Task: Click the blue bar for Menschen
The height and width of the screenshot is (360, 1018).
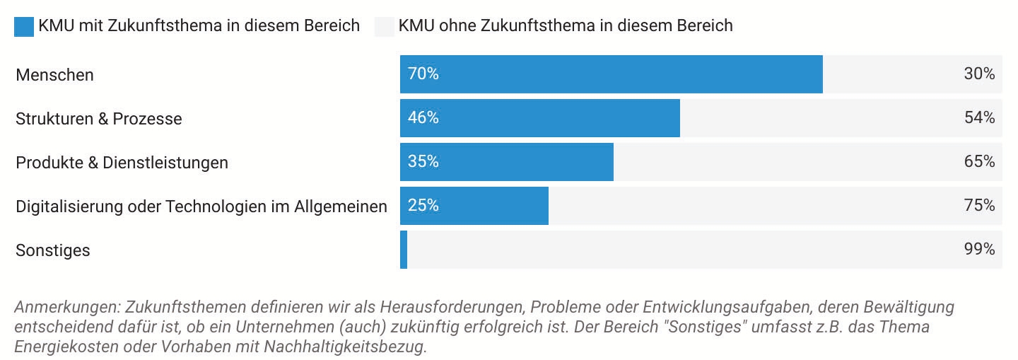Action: [612, 74]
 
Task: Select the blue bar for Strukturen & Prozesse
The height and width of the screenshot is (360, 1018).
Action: [540, 118]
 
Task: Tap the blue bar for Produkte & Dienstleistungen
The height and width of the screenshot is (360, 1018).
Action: [507, 162]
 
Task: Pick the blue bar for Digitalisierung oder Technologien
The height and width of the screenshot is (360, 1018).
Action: [474, 206]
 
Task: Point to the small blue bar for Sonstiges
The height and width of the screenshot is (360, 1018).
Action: [404, 250]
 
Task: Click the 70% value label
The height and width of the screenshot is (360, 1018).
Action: [423, 74]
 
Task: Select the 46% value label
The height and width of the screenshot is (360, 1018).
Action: [423, 117]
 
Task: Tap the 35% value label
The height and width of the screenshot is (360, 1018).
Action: [423, 161]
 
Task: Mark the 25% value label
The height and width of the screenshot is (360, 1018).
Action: [423, 205]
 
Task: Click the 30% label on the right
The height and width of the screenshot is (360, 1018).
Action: [979, 74]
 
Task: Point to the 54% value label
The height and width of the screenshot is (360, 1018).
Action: [979, 117]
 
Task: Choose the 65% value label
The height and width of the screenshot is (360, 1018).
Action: [979, 161]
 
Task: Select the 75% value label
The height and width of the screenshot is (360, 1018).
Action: [979, 205]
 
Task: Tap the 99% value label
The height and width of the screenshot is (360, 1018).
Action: [979, 249]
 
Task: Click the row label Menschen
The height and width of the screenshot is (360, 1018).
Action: [54, 75]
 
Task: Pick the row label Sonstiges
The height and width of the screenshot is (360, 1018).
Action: [53, 250]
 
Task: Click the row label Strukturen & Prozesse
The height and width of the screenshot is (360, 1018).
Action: [99, 119]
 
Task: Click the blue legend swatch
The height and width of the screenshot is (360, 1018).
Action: [24, 26]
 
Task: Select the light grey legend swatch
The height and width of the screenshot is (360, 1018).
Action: [384, 26]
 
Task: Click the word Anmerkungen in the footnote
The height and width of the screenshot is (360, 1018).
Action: [66, 308]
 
